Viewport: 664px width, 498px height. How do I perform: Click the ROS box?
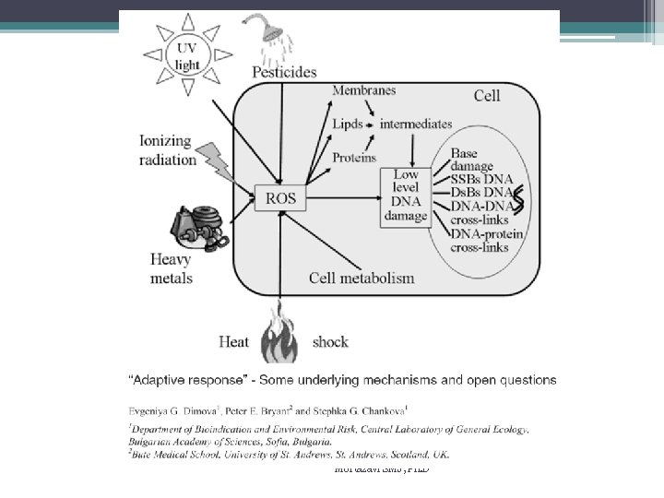[x=280, y=197]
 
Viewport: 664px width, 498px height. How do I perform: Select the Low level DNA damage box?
[x=406, y=196]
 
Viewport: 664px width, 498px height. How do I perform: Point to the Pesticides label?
[x=283, y=72]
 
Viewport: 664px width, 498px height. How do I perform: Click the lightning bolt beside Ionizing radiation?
[x=216, y=160]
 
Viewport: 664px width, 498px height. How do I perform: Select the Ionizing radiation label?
[x=167, y=150]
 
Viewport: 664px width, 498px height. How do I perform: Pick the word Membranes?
[x=363, y=90]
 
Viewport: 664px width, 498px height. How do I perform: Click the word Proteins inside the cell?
[x=354, y=158]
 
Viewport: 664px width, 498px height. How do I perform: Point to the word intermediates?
[x=416, y=124]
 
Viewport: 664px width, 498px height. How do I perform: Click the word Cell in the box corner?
[x=487, y=95]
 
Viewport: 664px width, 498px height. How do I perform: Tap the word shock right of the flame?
[x=330, y=342]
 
